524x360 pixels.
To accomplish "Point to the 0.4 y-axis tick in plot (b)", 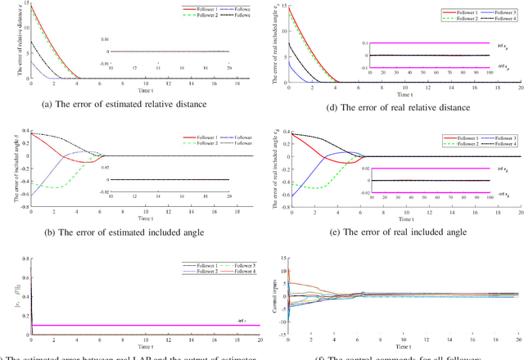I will pyautogui.click(x=25, y=133).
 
